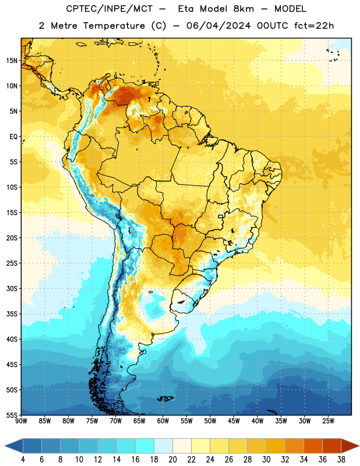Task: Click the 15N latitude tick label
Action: (12, 61)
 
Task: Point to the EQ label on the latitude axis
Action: (13, 137)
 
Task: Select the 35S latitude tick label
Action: (12, 314)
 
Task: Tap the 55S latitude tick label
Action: (12, 415)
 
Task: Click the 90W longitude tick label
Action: (21, 421)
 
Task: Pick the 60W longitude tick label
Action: (163, 421)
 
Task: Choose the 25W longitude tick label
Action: (328, 421)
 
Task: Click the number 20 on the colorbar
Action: (172, 460)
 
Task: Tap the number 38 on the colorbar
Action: (341, 460)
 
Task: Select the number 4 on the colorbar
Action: (23, 460)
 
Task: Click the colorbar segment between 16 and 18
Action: (145, 446)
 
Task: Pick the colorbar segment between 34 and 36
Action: (313, 446)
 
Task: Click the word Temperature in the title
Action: (114, 26)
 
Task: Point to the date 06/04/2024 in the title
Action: (218, 26)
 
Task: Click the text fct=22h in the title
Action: (314, 26)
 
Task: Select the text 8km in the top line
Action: (243, 9)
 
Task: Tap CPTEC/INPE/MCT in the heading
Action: (109, 9)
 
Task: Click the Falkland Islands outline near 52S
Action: (165, 398)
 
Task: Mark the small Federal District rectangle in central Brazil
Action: (221, 216)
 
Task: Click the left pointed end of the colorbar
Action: (5, 446)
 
